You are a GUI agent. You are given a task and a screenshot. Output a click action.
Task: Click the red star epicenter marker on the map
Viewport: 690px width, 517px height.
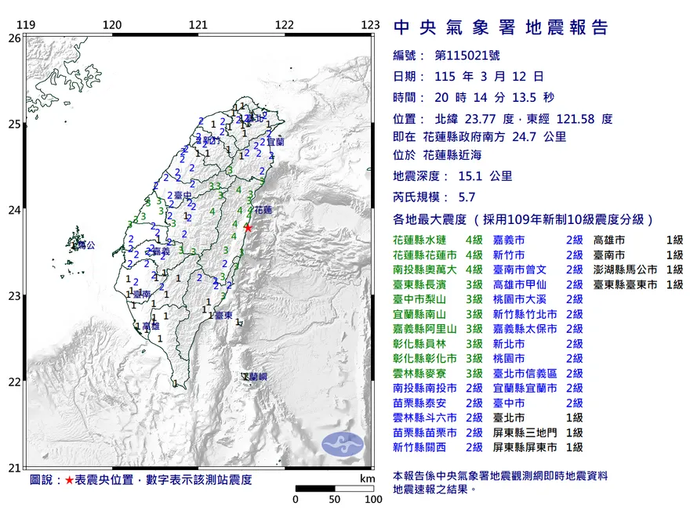click(x=249, y=227)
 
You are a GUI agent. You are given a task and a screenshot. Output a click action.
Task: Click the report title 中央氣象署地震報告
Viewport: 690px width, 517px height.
click(x=500, y=28)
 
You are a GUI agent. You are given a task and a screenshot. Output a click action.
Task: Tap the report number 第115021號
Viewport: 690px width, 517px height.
click(x=471, y=56)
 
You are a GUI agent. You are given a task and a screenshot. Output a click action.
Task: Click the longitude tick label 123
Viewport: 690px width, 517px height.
click(x=370, y=25)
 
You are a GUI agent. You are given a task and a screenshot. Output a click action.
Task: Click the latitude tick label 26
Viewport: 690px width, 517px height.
click(x=13, y=38)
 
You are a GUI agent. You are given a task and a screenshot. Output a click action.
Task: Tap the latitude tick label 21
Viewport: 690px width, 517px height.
click(x=13, y=468)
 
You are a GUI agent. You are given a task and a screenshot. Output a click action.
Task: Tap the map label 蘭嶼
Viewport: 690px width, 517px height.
click(x=256, y=378)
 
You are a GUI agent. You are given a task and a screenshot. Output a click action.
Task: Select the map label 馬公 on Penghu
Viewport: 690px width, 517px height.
click(x=85, y=245)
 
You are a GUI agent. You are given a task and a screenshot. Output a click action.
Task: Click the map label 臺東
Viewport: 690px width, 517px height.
click(x=222, y=315)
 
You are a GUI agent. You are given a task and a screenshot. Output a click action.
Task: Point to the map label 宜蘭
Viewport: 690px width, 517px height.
click(x=274, y=143)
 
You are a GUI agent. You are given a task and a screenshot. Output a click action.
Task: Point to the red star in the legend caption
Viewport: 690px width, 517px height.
click(x=69, y=479)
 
